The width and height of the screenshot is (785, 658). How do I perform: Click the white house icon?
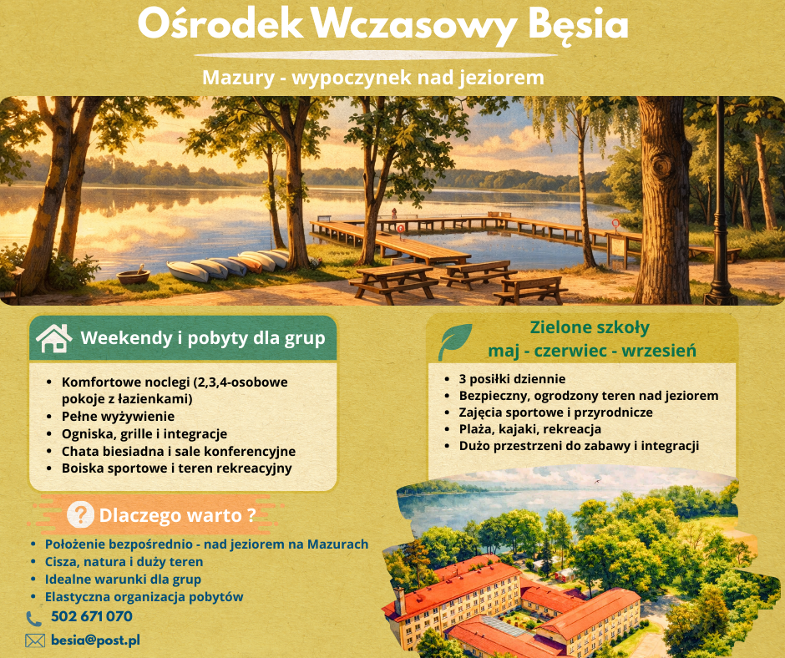[53, 338]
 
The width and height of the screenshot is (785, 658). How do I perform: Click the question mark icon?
[79, 514]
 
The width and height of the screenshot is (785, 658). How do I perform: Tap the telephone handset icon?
[34, 619]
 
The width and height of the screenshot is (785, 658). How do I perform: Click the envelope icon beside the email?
[34, 641]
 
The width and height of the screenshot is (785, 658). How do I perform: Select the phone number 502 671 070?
[91, 617]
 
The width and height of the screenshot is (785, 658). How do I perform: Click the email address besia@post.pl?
[95, 640]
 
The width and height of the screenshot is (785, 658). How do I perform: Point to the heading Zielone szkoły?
[590, 327]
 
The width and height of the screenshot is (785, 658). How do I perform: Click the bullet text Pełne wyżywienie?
[118, 416]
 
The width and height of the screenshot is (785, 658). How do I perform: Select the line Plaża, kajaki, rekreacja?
[530, 429]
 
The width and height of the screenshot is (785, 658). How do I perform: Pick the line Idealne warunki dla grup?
[123, 579]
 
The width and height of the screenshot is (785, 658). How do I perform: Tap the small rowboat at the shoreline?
[134, 276]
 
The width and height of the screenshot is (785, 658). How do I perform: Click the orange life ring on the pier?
[400, 227]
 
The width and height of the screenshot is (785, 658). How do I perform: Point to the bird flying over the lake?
[596, 481]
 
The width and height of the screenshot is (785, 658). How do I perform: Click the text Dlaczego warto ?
[176, 514]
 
